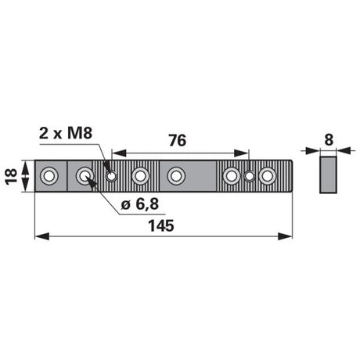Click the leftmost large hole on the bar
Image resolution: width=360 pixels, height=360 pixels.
pos(49,176)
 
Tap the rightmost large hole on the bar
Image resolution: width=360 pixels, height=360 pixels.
pos(268,176)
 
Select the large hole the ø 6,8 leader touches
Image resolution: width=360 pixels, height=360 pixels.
pos(84,176)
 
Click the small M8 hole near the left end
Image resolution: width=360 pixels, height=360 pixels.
pos(112,176)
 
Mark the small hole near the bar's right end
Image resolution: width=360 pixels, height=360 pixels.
pos(250,176)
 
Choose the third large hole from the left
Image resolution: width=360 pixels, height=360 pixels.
pos(141,176)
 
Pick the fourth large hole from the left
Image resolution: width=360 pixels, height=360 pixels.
pos(176,176)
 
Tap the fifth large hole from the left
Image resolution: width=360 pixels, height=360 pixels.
pos(232,176)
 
